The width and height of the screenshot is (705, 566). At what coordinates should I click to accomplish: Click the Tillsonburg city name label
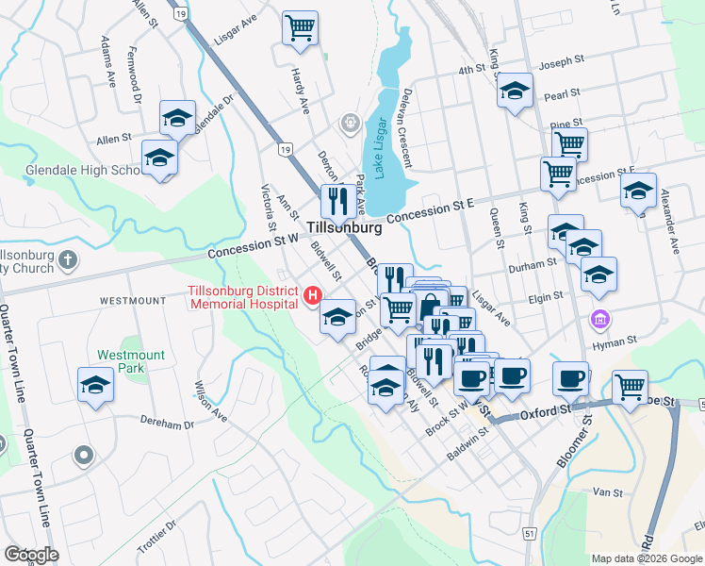[x=344, y=228]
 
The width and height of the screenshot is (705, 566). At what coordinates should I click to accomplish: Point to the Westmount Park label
[x=131, y=361]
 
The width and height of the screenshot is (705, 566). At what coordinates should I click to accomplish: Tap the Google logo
[x=30, y=554]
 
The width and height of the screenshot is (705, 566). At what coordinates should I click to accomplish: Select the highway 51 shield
[x=530, y=534]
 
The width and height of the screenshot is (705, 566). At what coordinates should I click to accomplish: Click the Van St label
[x=608, y=492]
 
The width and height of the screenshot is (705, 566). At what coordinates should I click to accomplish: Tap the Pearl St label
[x=561, y=95]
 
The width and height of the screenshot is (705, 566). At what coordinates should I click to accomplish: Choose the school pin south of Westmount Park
[x=94, y=387]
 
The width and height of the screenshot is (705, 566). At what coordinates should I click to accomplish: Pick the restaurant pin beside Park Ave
[x=336, y=201]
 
